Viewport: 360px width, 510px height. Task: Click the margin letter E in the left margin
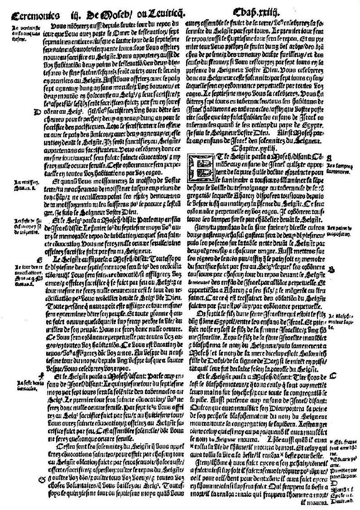[x=43, y=259]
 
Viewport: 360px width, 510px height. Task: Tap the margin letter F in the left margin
[x=42, y=374]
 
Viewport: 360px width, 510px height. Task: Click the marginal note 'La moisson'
[x=22, y=184]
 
